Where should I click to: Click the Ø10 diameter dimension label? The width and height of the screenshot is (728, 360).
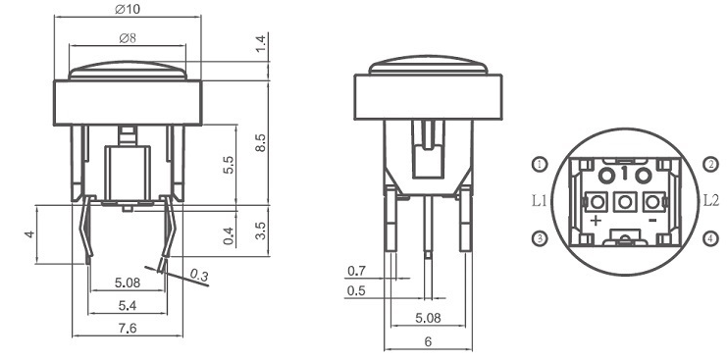point(128,9)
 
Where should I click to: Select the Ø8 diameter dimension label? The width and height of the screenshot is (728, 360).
point(128,38)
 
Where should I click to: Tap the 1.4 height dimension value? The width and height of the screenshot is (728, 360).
point(261,43)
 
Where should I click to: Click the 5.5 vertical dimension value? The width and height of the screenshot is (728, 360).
point(229,165)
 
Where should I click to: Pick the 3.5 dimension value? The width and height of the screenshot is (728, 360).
point(261,231)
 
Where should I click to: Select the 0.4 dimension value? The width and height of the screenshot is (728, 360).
point(229,235)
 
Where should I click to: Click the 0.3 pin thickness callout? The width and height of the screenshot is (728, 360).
point(199,276)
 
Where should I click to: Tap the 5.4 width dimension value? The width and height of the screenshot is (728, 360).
point(128,305)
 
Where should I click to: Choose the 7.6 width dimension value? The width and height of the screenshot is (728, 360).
point(128,329)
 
